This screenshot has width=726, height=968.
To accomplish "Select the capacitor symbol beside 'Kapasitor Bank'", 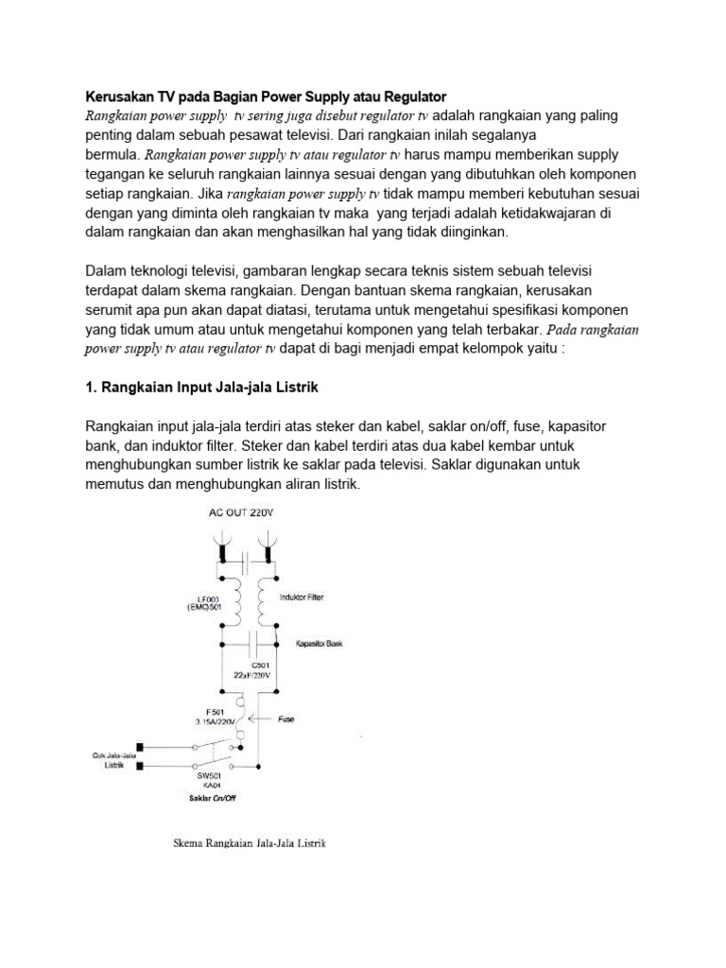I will (x=248, y=644).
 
